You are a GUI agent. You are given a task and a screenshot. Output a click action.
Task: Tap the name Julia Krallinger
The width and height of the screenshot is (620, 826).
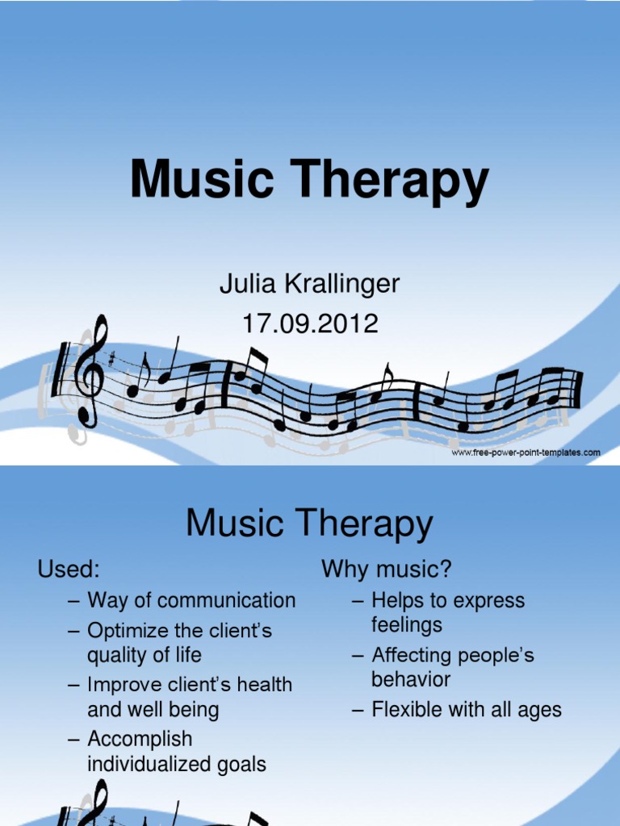click(310, 284)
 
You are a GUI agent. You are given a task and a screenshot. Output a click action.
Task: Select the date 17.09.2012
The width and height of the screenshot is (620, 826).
click(310, 323)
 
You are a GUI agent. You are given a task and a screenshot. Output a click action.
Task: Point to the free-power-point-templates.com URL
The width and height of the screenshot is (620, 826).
click(526, 453)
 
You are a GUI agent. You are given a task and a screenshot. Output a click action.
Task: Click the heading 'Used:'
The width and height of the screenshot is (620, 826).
click(69, 569)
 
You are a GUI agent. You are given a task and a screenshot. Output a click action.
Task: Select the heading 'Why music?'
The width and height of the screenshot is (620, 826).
click(387, 569)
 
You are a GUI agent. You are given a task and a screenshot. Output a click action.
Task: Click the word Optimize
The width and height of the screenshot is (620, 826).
click(128, 630)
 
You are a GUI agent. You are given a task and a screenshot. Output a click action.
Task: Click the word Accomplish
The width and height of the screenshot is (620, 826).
click(140, 739)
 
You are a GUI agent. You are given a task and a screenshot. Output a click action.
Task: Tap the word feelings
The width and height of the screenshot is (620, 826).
click(407, 625)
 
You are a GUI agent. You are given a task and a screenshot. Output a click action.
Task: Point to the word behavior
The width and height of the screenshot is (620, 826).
click(411, 679)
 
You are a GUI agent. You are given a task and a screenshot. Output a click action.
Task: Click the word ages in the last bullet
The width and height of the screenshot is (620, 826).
click(541, 711)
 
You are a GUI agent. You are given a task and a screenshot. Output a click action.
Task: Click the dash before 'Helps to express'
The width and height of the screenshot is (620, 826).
click(358, 601)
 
